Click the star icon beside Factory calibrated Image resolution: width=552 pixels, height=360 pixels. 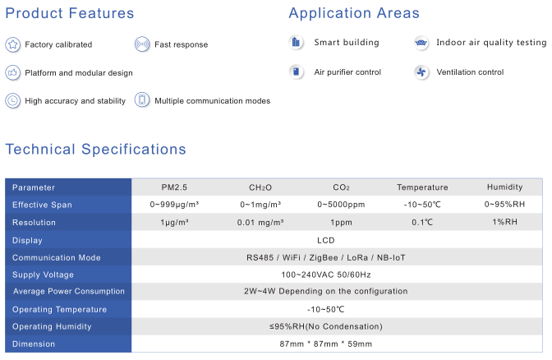tap(13, 44)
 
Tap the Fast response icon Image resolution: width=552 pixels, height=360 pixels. tap(142, 44)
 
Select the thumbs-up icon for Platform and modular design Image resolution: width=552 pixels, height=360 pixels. tap(13, 73)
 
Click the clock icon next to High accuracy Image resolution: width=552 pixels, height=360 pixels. tap(13, 101)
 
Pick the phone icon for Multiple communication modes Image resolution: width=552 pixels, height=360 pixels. tap(142, 100)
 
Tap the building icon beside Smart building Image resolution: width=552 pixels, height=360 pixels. tap(296, 43)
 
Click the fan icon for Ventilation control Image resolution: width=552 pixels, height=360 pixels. tap(421, 72)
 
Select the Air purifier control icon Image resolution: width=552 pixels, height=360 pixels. tap(296, 72)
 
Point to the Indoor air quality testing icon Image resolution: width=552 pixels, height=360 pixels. tap(421, 43)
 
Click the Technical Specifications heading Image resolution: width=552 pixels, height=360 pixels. tap(96, 150)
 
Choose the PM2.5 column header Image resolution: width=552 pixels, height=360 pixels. tap(174, 187)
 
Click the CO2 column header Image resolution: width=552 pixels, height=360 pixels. tap(341, 187)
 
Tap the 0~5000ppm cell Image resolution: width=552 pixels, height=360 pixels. tap(341, 205)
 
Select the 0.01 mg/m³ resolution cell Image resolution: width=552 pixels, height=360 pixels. tap(260, 223)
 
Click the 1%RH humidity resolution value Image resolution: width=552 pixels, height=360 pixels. tap(505, 222)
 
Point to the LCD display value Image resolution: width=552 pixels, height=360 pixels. tap(326, 241)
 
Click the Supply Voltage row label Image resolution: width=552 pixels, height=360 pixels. tap(43, 275)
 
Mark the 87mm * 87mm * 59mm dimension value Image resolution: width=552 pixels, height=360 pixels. tap(326, 344)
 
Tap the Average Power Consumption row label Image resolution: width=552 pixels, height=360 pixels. tap(69, 291)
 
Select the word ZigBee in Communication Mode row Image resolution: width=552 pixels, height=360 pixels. tap(324, 258)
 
